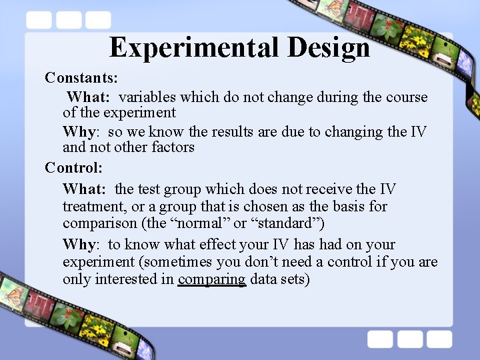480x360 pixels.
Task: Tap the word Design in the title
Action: pyautogui.click(x=329, y=48)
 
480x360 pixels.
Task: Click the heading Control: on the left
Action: pyautogui.click(x=73, y=167)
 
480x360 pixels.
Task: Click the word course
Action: pyautogui.click(x=407, y=97)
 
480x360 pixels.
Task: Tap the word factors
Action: pyautogui.click(x=172, y=147)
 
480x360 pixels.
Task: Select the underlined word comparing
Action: pyautogui.click(x=212, y=279)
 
